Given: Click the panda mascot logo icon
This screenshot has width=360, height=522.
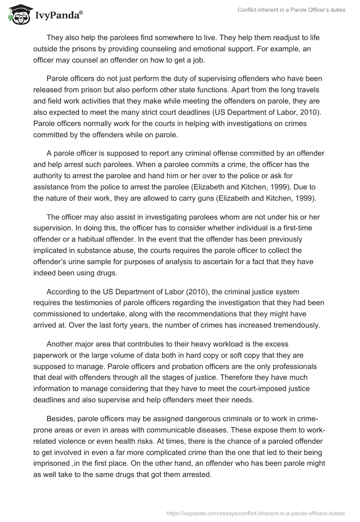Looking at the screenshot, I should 16,14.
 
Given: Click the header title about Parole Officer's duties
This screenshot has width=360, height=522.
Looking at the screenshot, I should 291,9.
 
